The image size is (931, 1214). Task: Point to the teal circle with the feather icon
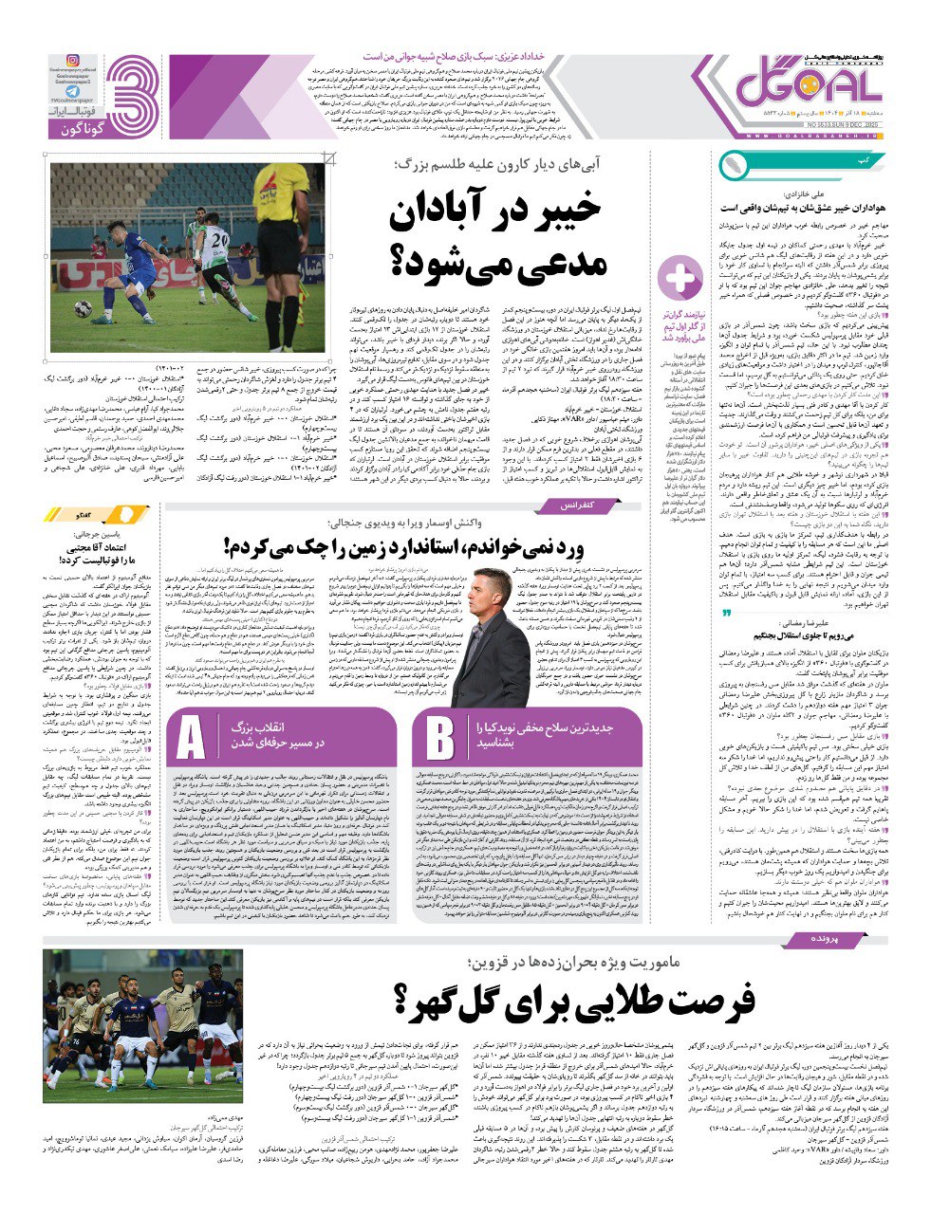pos(733,165)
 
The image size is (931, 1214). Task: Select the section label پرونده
pos(809,937)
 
